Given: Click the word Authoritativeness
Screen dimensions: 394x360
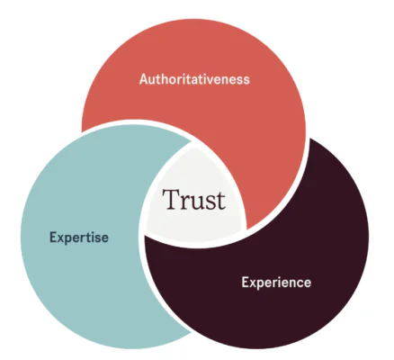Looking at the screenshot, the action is (x=194, y=79).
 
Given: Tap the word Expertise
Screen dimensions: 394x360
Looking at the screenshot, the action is (x=79, y=238).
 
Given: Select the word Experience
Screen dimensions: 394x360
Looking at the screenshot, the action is (x=276, y=283).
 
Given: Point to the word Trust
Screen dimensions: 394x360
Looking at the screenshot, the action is (x=193, y=199).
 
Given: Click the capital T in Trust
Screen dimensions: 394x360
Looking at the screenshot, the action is (x=171, y=199).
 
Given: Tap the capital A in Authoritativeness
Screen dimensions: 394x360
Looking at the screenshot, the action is (x=144, y=79).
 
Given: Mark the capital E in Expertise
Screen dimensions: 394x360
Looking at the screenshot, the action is (x=53, y=238).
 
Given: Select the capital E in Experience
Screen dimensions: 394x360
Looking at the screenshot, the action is (x=245, y=283).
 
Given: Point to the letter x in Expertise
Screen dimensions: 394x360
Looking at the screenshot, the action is (x=61, y=238).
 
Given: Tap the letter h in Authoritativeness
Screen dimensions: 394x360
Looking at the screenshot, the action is (x=166, y=79).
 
